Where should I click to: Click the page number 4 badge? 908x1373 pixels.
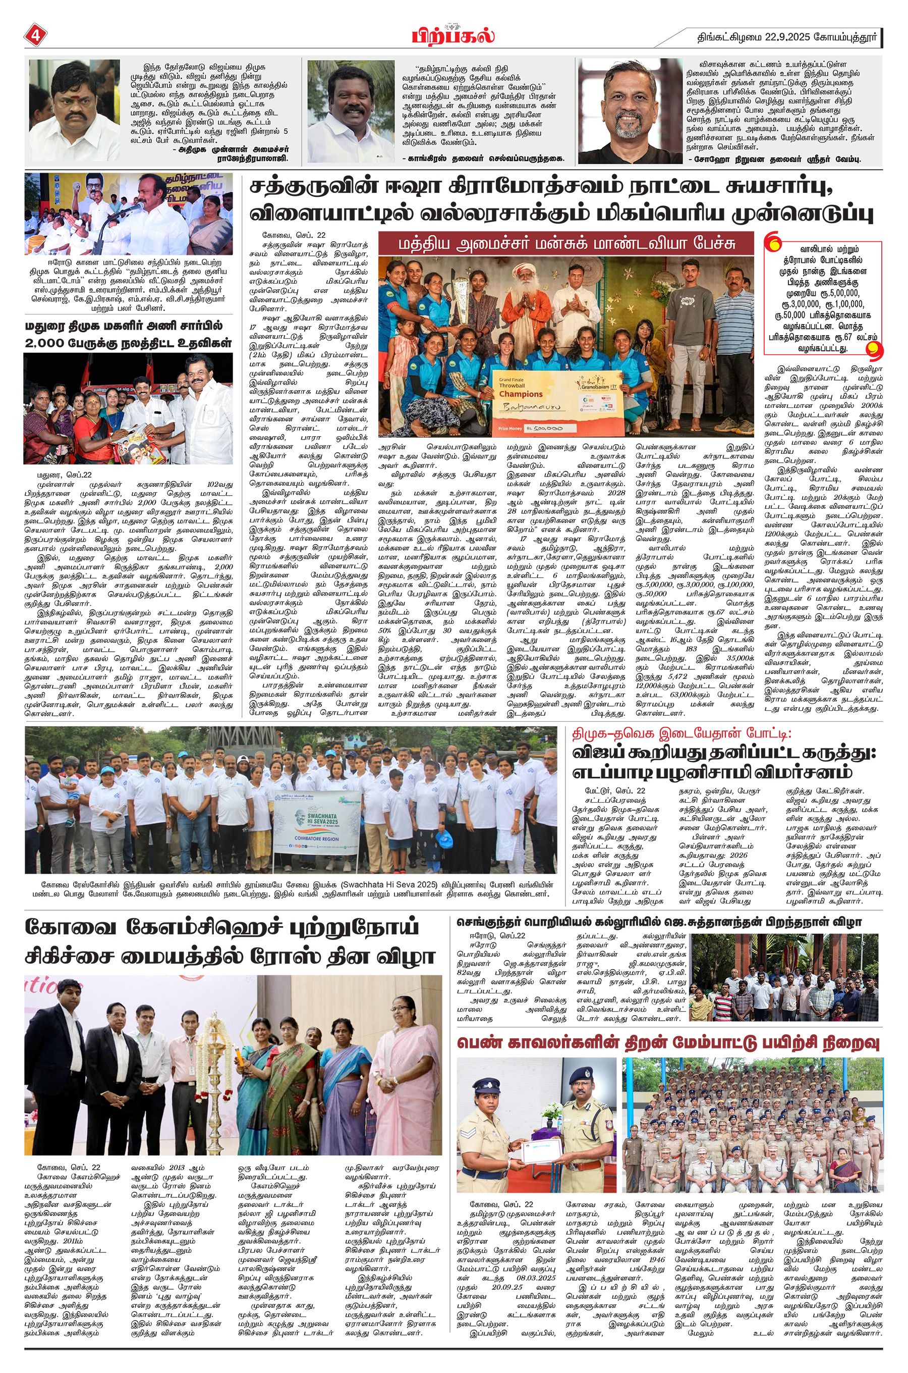tap(35, 35)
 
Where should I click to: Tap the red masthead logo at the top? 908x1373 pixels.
tap(453, 36)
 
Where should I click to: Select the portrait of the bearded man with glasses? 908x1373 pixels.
tap(629, 111)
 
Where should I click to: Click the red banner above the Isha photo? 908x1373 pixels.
tap(566, 244)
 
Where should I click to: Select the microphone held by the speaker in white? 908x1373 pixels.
tap(134, 207)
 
